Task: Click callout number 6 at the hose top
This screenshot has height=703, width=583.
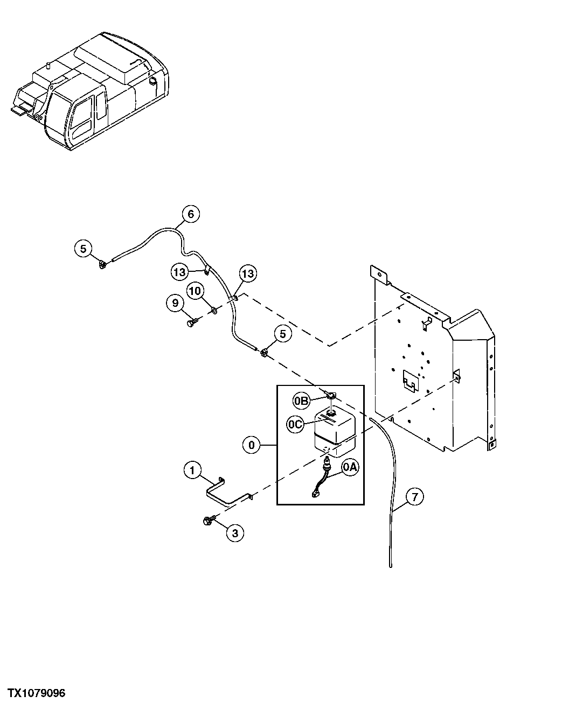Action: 190,214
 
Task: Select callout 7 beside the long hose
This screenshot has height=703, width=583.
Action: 414,497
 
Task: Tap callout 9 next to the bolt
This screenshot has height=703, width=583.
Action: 175,304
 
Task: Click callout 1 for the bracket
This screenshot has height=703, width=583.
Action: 192,470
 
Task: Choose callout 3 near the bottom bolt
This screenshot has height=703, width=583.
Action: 234,533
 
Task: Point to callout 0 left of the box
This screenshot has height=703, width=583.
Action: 252,445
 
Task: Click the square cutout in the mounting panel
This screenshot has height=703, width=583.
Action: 410,381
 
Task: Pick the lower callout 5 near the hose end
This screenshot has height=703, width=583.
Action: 283,334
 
